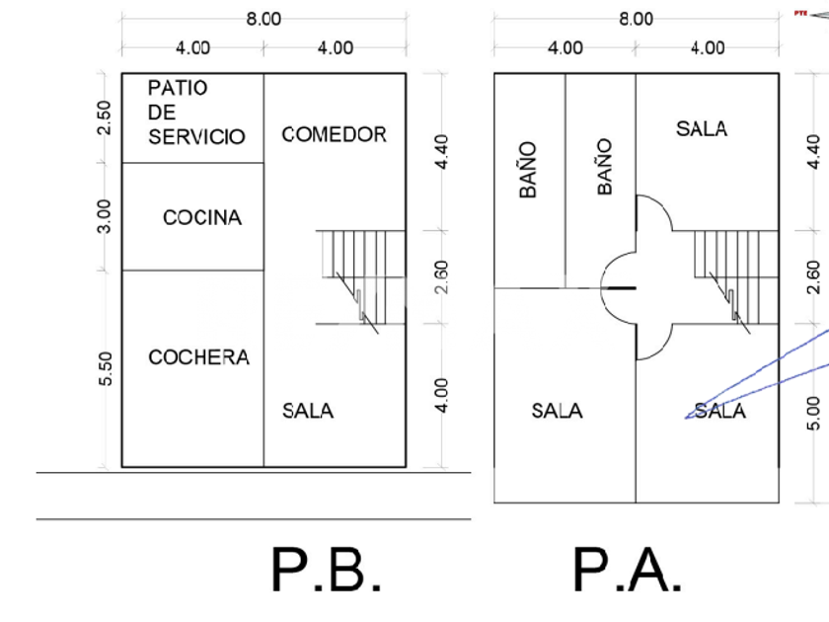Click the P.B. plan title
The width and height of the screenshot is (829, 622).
pyautogui.click(x=327, y=571)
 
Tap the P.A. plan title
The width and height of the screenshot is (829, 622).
pyautogui.click(x=627, y=571)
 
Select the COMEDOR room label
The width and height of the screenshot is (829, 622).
pyautogui.click(x=334, y=134)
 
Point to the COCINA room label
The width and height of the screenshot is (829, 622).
pyautogui.click(x=201, y=217)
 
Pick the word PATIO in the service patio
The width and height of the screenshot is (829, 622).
pyautogui.click(x=178, y=88)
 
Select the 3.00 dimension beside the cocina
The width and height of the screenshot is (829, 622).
pyautogui.click(x=107, y=216)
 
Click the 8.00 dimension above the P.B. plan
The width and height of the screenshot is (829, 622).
pyautogui.click(x=263, y=19)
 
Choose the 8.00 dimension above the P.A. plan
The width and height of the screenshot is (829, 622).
pyautogui.click(x=635, y=19)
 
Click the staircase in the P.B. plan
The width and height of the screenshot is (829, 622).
pyautogui.click(x=360, y=277)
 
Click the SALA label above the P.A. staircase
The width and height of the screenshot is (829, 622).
pyautogui.click(x=702, y=128)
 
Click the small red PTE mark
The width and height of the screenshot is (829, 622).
pyautogui.click(x=799, y=13)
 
